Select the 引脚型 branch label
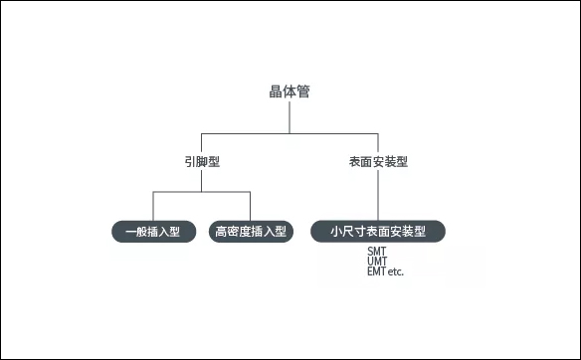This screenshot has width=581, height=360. [x=201, y=161]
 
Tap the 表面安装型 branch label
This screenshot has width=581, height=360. [x=378, y=161]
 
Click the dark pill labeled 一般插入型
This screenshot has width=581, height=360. [x=152, y=232]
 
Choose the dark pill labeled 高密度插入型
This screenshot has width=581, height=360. [x=251, y=232]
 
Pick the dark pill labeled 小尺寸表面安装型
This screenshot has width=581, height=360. [x=378, y=232]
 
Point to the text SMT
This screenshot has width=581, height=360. [x=377, y=252]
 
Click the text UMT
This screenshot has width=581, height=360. [x=377, y=262]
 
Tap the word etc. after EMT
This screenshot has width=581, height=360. [x=396, y=270]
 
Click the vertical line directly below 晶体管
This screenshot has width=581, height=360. [x=290, y=117]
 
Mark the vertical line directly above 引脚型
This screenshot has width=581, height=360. [x=202, y=141]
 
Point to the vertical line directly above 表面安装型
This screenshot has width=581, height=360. [x=378, y=141]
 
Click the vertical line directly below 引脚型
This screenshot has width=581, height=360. [x=202, y=179]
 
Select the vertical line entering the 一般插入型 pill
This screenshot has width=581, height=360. [x=152, y=205]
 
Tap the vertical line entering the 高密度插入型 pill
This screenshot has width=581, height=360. [x=251, y=205]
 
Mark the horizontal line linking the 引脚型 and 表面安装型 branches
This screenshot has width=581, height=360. [x=249, y=132]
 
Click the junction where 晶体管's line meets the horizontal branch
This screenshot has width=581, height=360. [x=290, y=132]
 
